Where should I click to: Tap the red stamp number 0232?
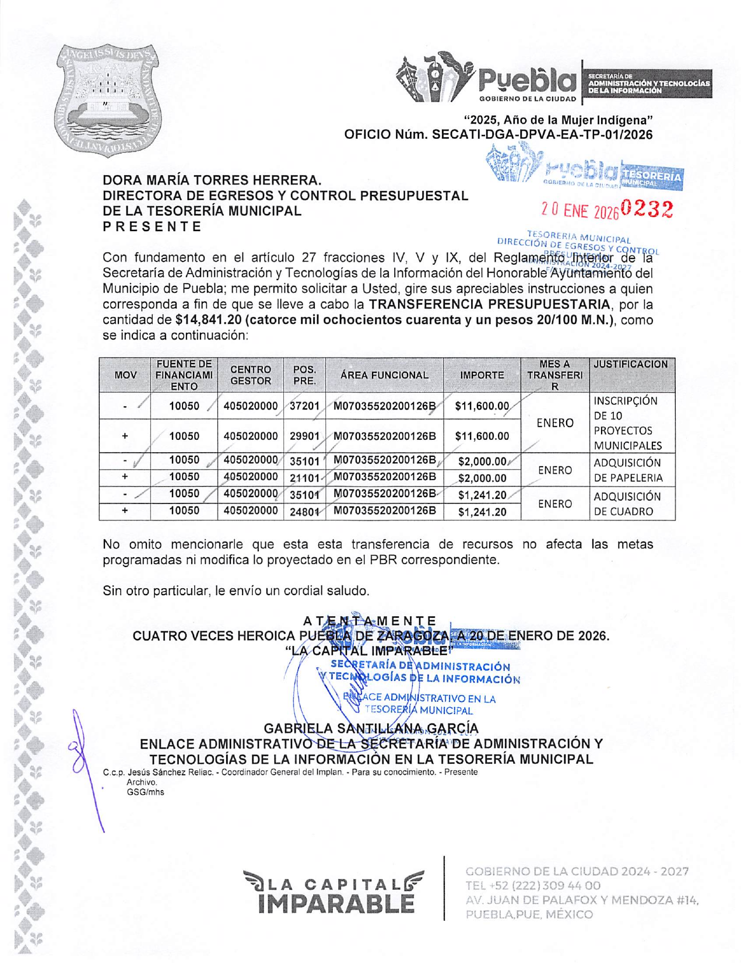tap(647, 208)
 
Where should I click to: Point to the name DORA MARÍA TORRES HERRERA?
tap(212, 180)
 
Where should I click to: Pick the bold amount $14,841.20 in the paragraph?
tap(208, 320)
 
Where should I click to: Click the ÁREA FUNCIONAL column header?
tap(384, 375)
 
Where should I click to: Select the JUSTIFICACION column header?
tap(631, 365)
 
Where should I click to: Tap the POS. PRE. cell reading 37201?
tap(304, 406)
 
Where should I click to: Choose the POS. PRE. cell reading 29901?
tap(304, 436)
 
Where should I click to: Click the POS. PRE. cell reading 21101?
tap(304, 478)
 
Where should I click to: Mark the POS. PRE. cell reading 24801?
tap(304, 512)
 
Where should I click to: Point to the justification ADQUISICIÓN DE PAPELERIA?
tap(628, 470)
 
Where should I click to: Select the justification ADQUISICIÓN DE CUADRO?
tap(627, 504)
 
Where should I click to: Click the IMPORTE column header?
tap(482, 375)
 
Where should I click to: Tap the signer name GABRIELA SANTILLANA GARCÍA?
tap(371, 729)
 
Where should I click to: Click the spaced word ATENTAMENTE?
tap(370, 621)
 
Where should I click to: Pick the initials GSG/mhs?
tap(145, 792)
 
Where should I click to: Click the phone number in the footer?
tap(533, 886)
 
